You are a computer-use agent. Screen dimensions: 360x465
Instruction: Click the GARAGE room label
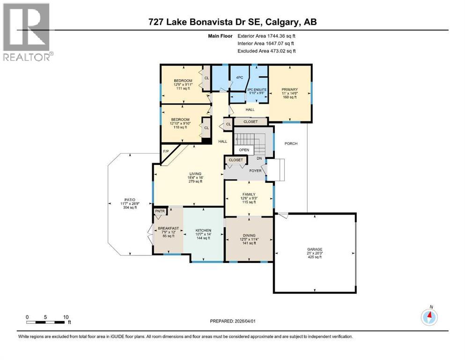click(315, 249)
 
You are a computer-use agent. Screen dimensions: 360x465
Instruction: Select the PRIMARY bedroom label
click(289, 90)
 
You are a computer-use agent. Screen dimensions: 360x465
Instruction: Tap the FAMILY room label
click(248, 194)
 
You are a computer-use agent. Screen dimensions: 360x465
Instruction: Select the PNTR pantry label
click(161, 211)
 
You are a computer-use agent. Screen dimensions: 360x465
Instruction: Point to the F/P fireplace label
click(165, 151)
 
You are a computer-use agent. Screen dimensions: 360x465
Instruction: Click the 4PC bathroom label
click(240, 77)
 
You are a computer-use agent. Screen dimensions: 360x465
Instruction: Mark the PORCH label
click(290, 143)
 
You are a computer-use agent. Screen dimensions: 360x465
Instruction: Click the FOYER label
click(255, 171)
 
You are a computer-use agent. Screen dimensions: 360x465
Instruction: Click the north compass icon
click(429, 317)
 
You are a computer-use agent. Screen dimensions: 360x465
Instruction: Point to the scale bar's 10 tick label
click(66, 317)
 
